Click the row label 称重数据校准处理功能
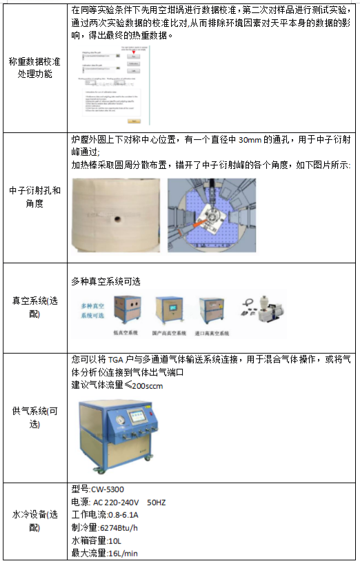[x=34, y=68]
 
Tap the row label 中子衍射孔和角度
[x=34, y=196]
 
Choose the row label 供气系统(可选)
[x=34, y=417]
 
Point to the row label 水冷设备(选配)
[x=34, y=521]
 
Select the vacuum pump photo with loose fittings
[x=262, y=309]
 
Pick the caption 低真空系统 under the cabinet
[x=125, y=332]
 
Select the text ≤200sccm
[x=143, y=386]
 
